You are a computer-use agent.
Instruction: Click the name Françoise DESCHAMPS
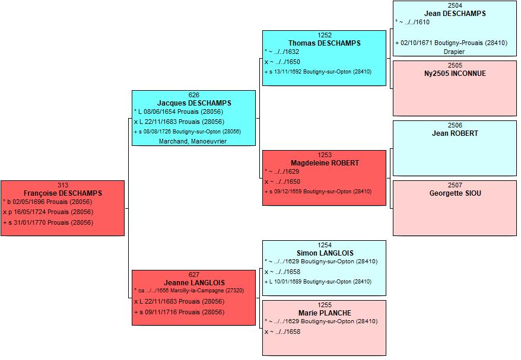click(63, 193)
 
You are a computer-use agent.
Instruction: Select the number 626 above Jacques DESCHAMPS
click(193, 95)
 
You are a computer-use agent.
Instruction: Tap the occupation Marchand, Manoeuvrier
click(193, 141)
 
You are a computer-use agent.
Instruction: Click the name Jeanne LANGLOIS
click(194, 283)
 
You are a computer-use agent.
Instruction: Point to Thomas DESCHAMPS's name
click(325, 43)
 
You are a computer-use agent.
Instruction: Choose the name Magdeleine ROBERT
click(325, 163)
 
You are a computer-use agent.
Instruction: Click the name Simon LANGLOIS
click(325, 253)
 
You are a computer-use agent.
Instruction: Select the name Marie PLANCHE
click(325, 313)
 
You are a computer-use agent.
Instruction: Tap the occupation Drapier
click(454, 52)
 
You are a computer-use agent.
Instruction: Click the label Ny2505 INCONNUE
click(455, 74)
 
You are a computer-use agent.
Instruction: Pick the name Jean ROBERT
click(455, 133)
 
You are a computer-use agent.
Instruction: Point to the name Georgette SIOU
click(455, 193)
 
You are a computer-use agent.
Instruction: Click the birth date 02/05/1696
click(28, 202)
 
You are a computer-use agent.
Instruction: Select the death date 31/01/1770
click(30, 222)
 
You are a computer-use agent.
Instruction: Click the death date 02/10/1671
click(417, 43)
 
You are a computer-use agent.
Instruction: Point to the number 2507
click(455, 185)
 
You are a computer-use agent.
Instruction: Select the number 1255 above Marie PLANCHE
click(325, 305)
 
